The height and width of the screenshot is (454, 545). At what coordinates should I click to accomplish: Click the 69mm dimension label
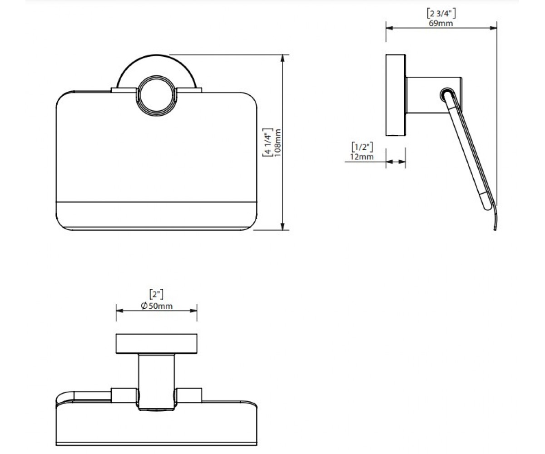[x=441, y=23]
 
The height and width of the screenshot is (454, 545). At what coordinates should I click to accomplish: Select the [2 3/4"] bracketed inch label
[x=441, y=13]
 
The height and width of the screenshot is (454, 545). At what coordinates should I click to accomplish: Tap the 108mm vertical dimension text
[x=277, y=143]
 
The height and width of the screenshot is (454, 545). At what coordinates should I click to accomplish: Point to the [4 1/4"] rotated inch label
[x=268, y=143]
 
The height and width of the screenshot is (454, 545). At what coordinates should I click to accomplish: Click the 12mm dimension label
[x=362, y=157]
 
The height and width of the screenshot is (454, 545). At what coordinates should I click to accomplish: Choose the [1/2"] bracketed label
[x=362, y=147]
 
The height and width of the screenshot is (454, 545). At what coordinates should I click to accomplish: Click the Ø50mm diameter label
[x=157, y=306]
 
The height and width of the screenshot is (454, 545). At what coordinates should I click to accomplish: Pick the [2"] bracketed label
[x=156, y=295]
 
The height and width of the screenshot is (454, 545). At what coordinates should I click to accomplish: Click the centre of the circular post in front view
[x=156, y=95]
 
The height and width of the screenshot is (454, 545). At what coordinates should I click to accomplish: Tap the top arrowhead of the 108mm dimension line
[x=282, y=58]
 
